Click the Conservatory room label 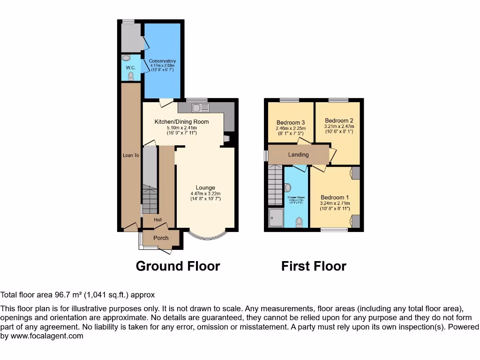[162, 61]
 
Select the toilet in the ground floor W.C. [131, 75]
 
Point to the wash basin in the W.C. [126, 58]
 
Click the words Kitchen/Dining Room [182, 122]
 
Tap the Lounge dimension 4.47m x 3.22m [205, 194]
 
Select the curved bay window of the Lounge [206, 235]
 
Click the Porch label [161, 238]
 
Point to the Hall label [158, 219]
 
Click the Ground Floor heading [178, 266]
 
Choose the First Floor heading [314, 266]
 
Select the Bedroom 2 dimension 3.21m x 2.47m [339, 127]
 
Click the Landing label [299, 155]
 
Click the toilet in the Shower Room [299, 221]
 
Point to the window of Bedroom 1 [335, 229]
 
